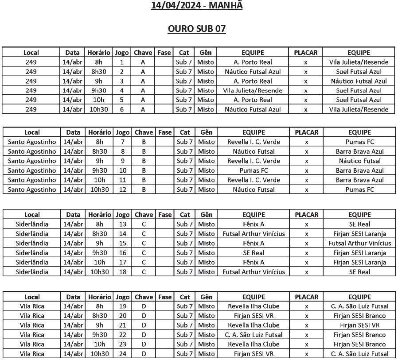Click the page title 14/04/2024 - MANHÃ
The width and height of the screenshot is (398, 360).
pos(197,6)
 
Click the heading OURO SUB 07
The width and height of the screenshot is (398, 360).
pos(197,29)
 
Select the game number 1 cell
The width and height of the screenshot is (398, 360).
pos(121,62)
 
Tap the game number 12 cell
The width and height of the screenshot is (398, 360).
pos(122,190)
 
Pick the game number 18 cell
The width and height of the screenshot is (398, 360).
pos(122,272)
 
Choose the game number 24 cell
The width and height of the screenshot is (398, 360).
pos(122,354)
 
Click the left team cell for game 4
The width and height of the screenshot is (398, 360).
pos(253,90)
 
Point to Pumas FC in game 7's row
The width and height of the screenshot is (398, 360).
pos(359,142)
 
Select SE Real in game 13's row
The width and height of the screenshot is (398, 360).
pos(359,225)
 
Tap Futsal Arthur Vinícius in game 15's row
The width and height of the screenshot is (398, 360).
pos(359,243)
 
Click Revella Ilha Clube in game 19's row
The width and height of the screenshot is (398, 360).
pos(254,306)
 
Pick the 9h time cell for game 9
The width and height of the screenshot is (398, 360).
pos(99,161)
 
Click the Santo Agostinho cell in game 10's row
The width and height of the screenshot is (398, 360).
pos(32,170)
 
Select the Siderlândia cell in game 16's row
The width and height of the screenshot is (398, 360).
pos(32,253)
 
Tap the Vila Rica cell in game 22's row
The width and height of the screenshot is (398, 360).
pos(32,335)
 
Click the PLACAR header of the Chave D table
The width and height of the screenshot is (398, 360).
pos(306,297)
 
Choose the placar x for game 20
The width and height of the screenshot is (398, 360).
pos(306,316)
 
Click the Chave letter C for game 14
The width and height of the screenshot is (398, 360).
pos(144,234)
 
